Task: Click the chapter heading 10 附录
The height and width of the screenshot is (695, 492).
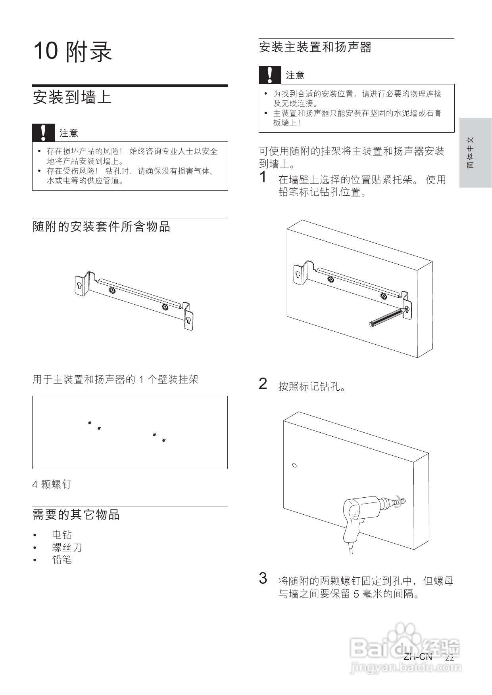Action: tap(73, 52)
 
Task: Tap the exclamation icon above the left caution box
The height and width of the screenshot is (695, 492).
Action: tap(43, 133)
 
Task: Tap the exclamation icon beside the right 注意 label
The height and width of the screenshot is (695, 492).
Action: tap(270, 75)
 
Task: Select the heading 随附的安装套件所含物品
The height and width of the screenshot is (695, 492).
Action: tap(101, 227)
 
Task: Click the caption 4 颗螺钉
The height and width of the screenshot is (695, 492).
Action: tap(52, 484)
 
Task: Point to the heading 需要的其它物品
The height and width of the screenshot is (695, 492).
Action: tap(76, 515)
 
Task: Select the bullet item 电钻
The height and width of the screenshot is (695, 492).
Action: tap(62, 535)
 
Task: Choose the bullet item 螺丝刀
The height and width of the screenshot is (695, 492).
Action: tap(67, 548)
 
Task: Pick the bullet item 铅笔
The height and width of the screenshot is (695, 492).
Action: tap(62, 560)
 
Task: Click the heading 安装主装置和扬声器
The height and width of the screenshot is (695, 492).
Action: tap(315, 48)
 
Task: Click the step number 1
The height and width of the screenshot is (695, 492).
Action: tap(263, 177)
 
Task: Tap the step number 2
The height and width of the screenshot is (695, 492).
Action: tap(263, 384)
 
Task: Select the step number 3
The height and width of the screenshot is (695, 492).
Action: tap(263, 579)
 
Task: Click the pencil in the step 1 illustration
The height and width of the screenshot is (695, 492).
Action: tap(387, 318)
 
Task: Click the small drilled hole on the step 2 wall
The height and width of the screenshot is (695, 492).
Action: tap(294, 465)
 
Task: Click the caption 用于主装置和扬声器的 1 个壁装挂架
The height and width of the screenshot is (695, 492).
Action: tap(115, 380)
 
